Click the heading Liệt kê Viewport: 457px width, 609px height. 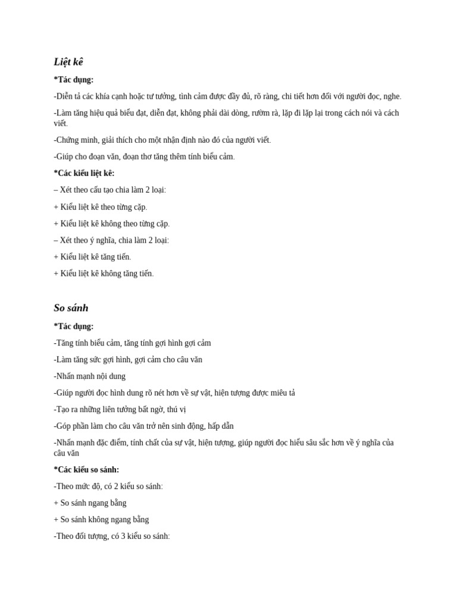point(68,62)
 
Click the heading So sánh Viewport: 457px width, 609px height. point(71,308)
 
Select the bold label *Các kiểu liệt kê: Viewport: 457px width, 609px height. point(84,173)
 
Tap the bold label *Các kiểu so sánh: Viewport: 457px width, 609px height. point(86,469)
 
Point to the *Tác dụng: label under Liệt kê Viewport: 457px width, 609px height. point(74,80)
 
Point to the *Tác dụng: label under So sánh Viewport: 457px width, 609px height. point(74,327)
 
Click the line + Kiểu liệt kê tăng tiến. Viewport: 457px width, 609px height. point(92,257)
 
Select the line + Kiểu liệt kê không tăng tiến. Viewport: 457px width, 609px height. point(104,274)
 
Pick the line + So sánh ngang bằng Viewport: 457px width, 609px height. point(90,503)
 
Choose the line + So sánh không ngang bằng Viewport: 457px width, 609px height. point(101,519)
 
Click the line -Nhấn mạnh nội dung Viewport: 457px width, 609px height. point(90,376)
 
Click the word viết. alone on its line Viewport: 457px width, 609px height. point(61,124)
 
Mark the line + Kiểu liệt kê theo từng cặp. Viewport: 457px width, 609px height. point(100,207)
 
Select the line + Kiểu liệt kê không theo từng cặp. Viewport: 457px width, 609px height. point(111,224)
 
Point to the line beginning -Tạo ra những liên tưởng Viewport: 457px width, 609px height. point(120,410)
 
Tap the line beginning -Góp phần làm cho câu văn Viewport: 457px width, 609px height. point(143,426)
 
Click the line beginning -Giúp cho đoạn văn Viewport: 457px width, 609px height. point(144,157)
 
